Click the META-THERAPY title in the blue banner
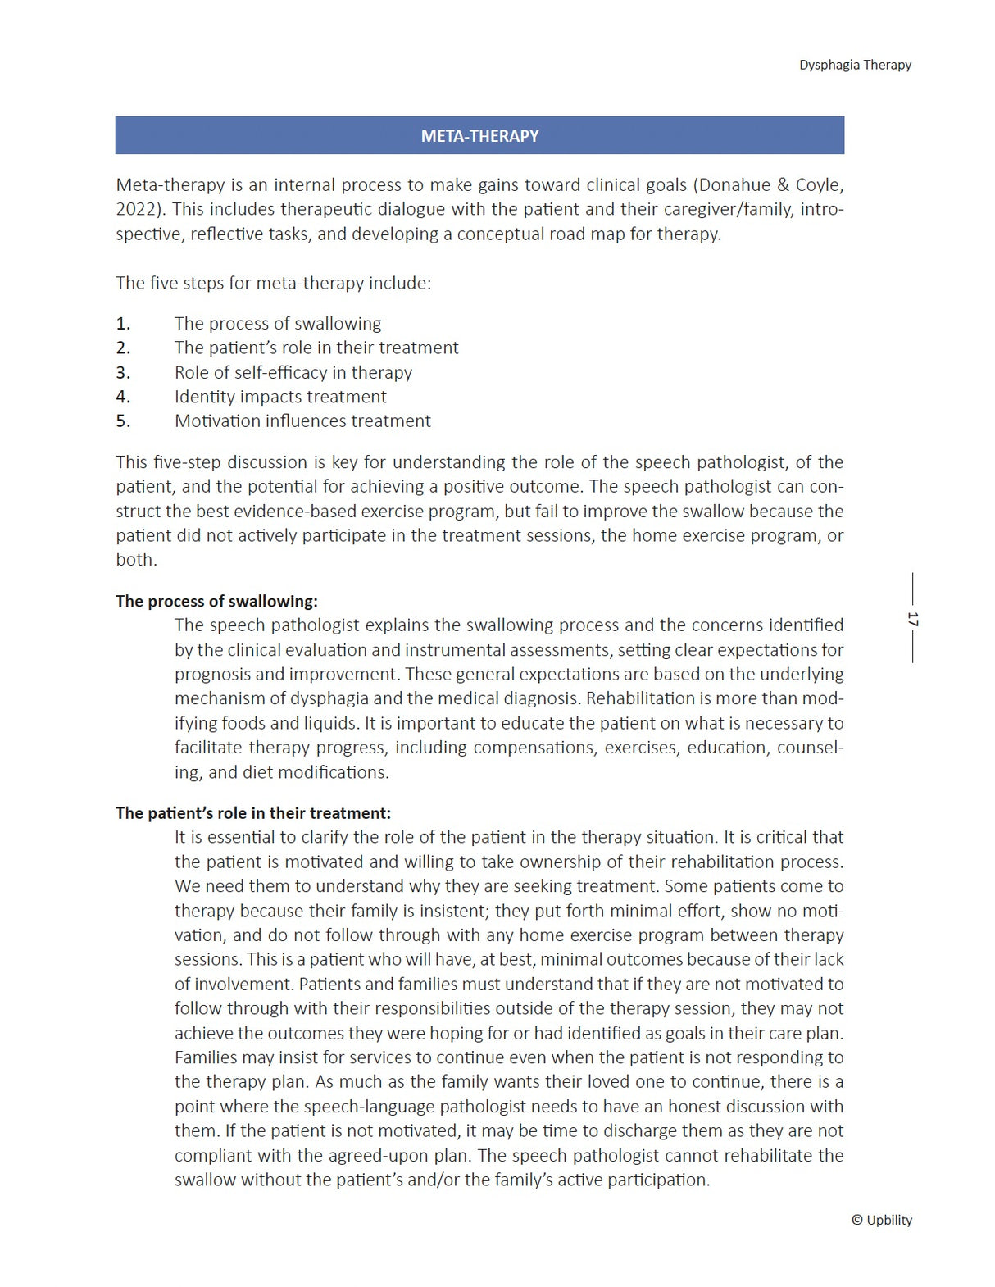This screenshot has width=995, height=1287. pos(479,136)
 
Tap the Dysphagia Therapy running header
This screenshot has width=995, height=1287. pos(855,65)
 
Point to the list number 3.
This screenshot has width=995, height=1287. pos(123,373)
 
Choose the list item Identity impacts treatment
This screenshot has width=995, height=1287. pos(280,397)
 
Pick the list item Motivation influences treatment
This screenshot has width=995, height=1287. pos(302,421)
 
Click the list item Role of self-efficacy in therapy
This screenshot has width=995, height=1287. pos(293,373)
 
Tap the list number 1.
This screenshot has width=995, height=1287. pos(123,324)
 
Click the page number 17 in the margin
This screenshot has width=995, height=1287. pos(912,619)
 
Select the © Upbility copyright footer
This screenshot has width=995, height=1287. pos(881,1220)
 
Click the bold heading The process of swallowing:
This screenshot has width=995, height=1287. pos(216,601)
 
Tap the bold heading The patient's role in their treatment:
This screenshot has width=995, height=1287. pos(253,813)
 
